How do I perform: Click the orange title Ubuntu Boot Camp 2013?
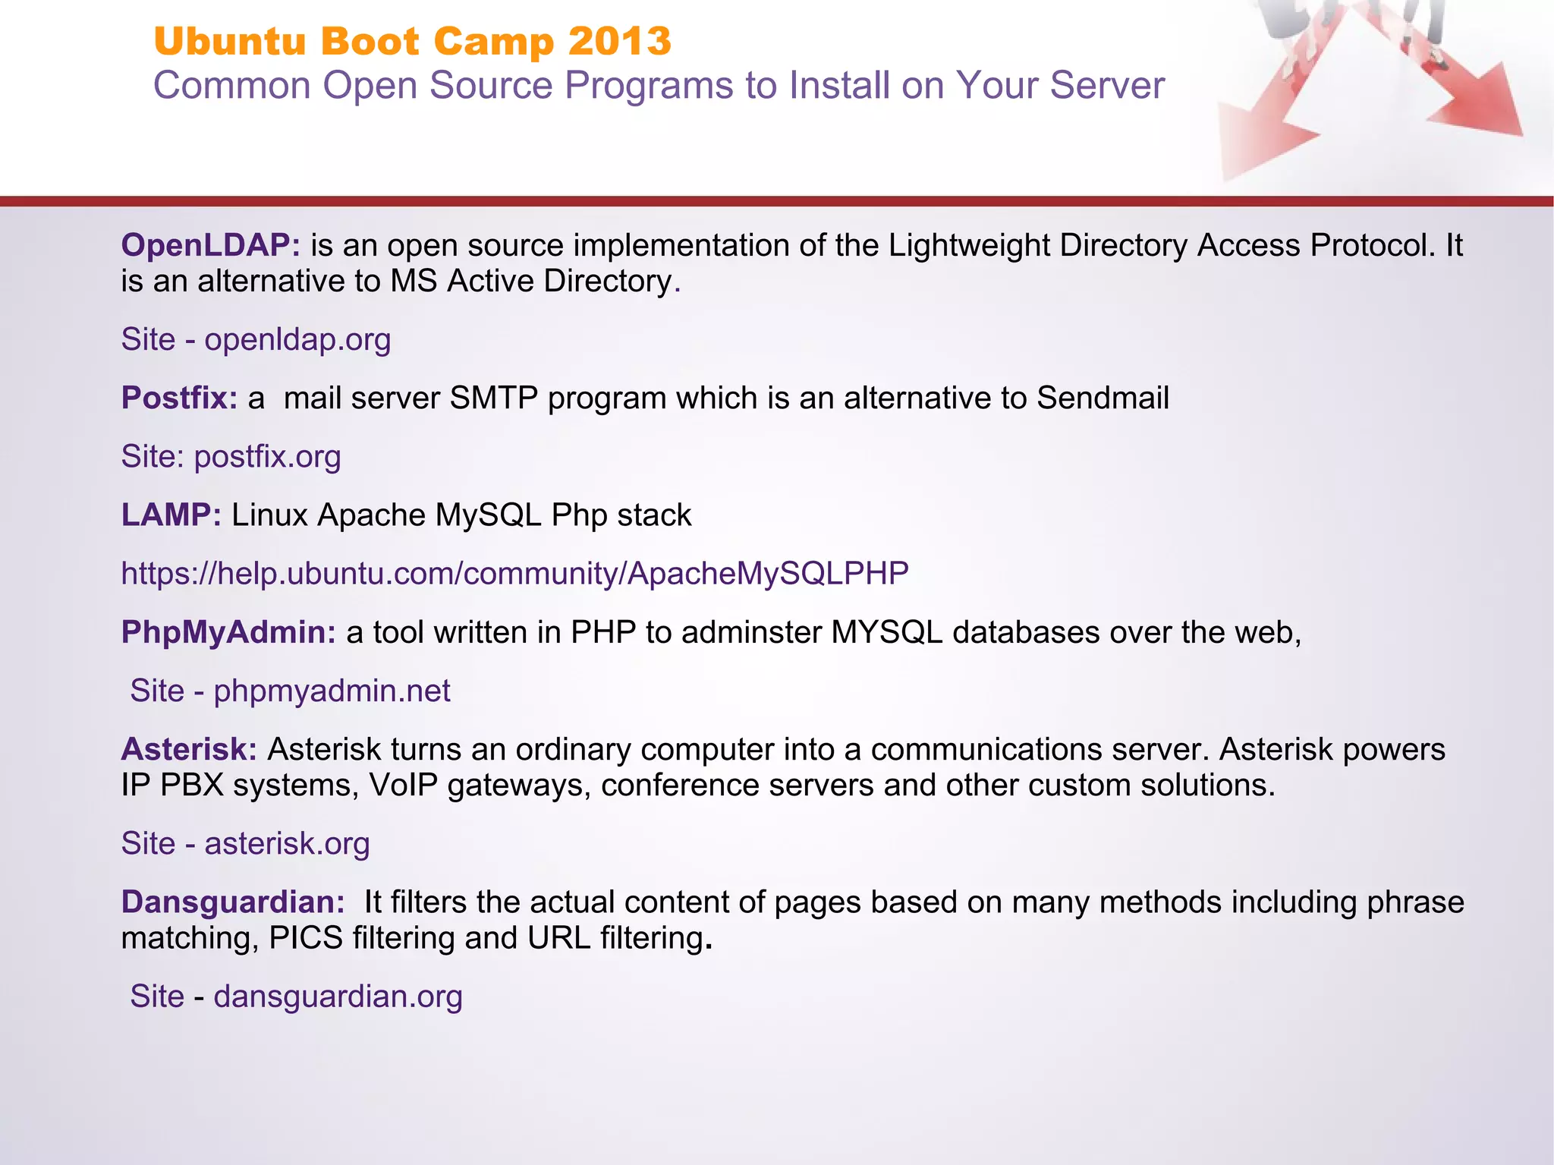pyautogui.click(x=412, y=41)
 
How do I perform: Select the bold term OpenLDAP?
pyautogui.click(x=211, y=245)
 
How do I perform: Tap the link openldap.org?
pyautogui.click(x=297, y=339)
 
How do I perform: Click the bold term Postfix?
pyautogui.click(x=180, y=398)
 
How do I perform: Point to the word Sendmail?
pyautogui.click(x=1103, y=398)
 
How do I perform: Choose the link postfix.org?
pyautogui.click(x=267, y=456)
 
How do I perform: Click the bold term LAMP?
pyautogui.click(x=171, y=515)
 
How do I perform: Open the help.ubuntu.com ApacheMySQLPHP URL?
pyautogui.click(x=514, y=573)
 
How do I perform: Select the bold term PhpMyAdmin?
pyautogui.click(x=228, y=631)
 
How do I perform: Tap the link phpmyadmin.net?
pyautogui.click(x=332, y=691)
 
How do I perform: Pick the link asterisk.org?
pyautogui.click(x=287, y=843)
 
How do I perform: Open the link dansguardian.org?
pyautogui.click(x=338, y=996)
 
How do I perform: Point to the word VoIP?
pyautogui.click(x=404, y=785)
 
